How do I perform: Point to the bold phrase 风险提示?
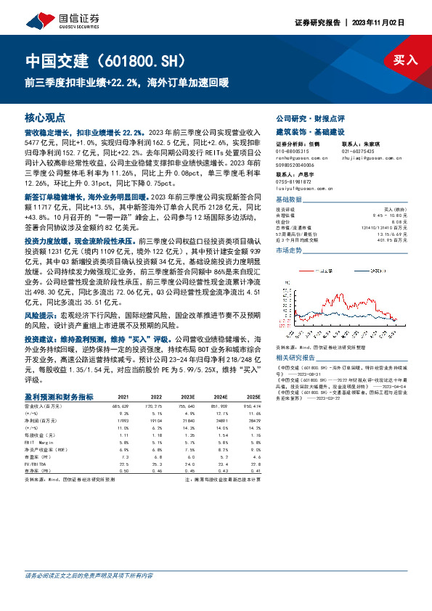pos(42,316)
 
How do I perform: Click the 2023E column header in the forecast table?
pos(187,397)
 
